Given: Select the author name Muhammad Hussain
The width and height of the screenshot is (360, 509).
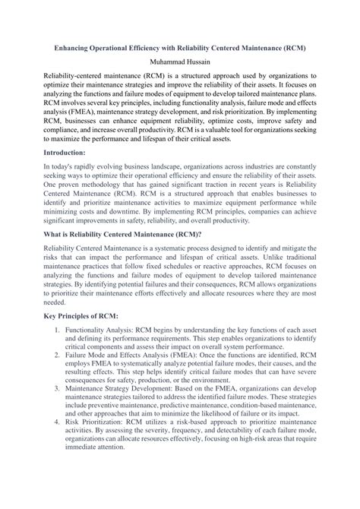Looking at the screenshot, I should coord(179,61).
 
